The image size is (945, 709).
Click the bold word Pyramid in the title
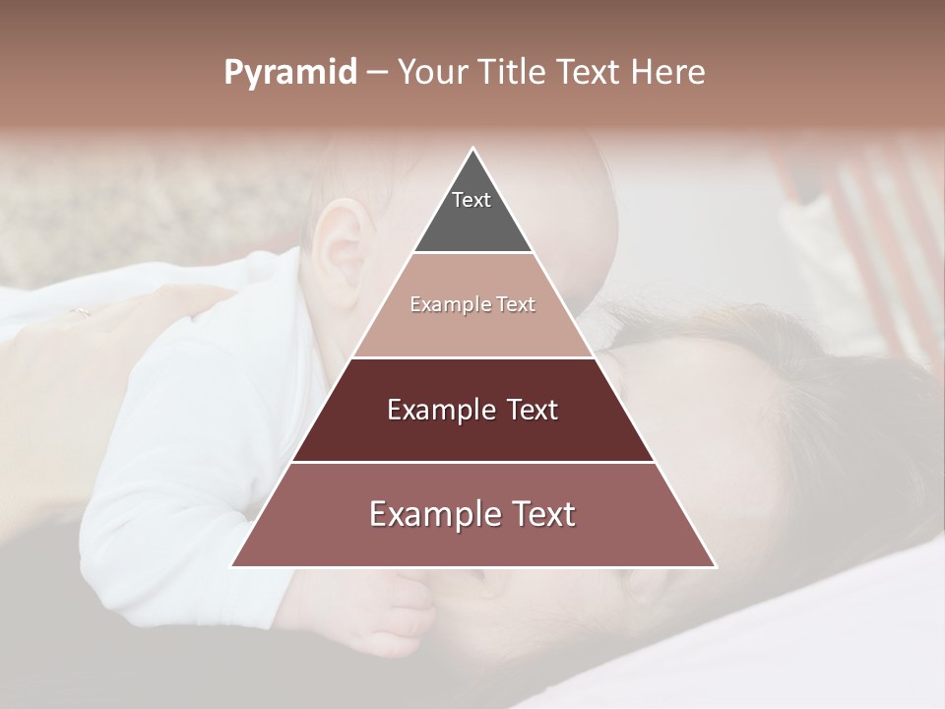(289, 73)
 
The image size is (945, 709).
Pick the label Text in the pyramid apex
(472, 200)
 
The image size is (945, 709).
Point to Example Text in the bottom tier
(472, 514)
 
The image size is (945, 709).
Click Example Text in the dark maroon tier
(472, 410)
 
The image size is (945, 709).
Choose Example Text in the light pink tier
(472, 304)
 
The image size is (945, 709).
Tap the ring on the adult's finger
(80, 313)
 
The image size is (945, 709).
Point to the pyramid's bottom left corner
(233, 565)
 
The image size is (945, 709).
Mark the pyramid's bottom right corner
(715, 565)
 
